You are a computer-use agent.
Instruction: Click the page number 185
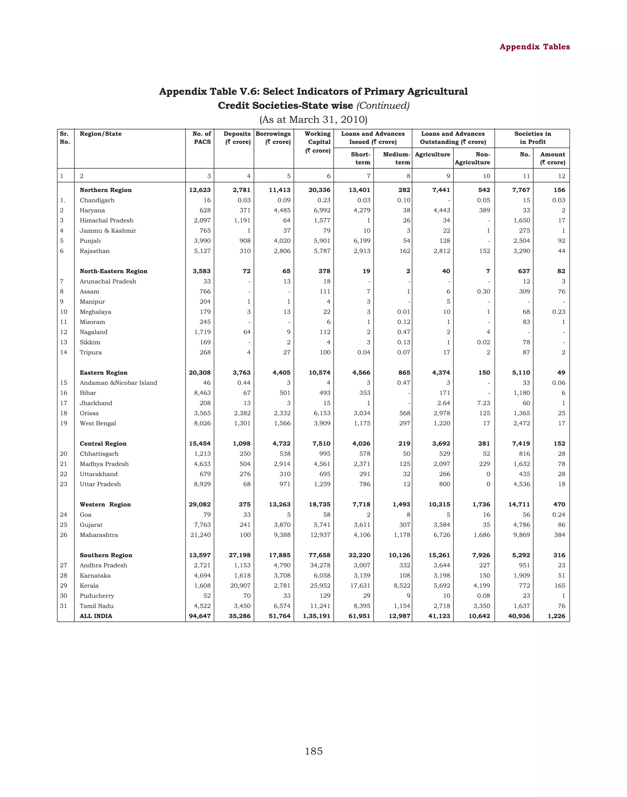coord(313,751)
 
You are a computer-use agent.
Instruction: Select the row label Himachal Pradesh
coord(107,221)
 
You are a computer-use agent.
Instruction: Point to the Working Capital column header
coord(318,142)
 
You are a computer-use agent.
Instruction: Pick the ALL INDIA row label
coord(96,616)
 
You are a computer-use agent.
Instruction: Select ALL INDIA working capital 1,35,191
coord(317,616)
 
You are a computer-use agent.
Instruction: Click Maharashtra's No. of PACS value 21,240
coord(201,535)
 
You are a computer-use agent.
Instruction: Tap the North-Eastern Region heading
coord(114,271)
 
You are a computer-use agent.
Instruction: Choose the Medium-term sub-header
coord(396,158)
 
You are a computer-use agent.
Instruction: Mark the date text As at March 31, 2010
coord(313,120)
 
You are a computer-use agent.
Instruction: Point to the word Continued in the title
coord(383,106)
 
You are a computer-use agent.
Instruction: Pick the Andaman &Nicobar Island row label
coord(118,383)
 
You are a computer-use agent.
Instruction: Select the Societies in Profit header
coord(532,138)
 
